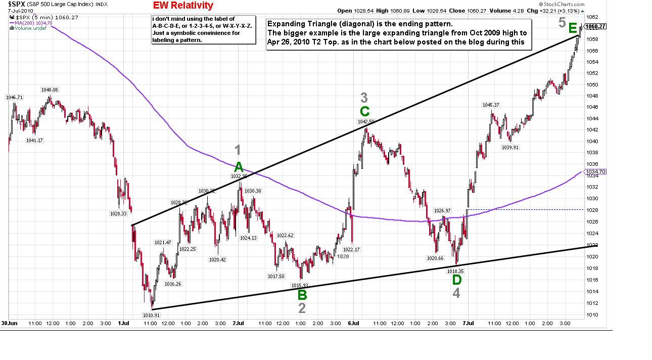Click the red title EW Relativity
[182, 6]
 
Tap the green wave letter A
[239, 167]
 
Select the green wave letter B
[302, 295]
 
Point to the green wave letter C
[365, 111]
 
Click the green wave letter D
[456, 280]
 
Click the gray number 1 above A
[239, 150]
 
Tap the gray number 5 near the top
[562, 22]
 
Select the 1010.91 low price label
[152, 315]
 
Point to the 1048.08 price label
[50, 90]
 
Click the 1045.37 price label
[490, 105]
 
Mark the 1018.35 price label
[455, 271]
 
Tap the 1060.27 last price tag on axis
[595, 27]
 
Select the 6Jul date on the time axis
[354, 323]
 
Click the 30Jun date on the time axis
[9, 323]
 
